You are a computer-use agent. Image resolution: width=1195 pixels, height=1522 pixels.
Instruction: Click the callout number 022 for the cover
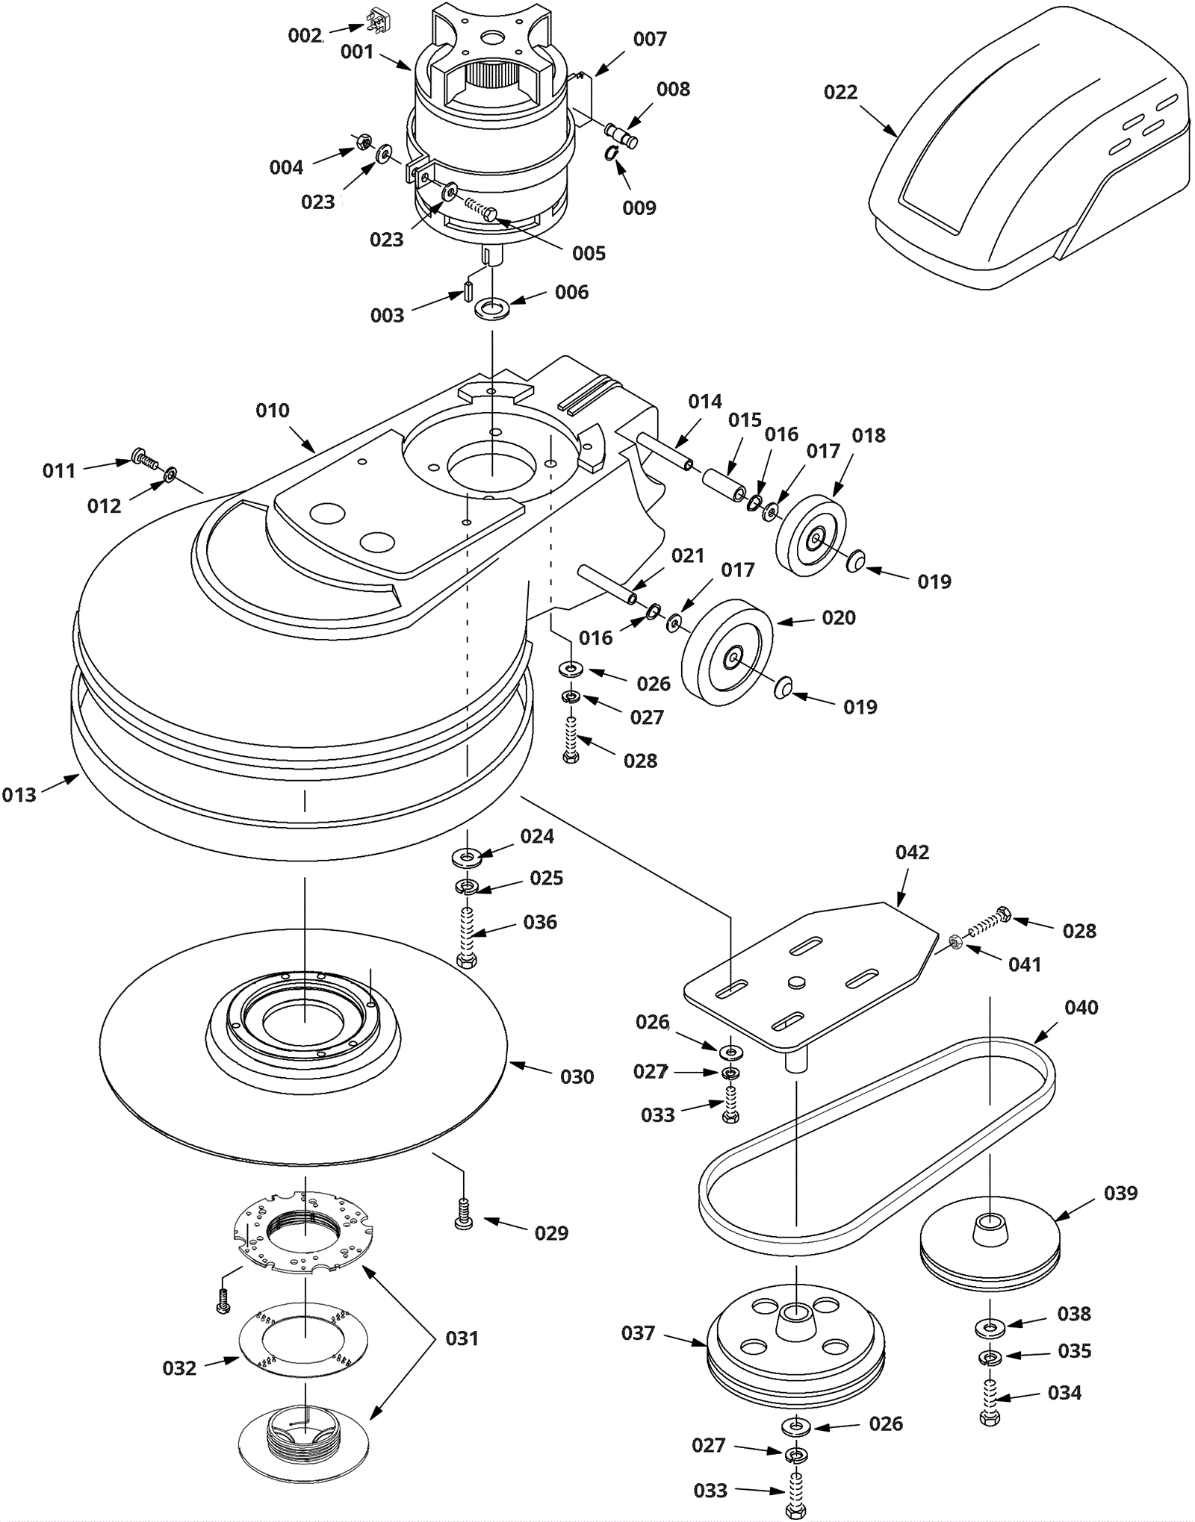click(840, 93)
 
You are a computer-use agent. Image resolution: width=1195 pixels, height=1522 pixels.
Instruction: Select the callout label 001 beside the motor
click(357, 52)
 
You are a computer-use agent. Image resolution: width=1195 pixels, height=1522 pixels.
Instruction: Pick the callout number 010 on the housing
click(273, 411)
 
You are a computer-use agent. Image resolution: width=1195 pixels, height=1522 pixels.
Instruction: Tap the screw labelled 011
click(143, 458)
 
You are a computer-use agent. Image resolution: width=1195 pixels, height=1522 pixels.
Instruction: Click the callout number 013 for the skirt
click(19, 795)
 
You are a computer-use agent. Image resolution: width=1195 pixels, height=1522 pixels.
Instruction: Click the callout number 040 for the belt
click(1081, 1008)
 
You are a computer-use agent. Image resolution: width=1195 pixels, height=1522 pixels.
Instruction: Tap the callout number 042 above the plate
click(912, 852)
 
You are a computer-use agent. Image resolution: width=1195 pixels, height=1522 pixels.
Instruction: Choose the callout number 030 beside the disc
click(577, 1076)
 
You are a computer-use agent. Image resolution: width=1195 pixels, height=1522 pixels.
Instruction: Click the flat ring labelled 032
click(304, 1340)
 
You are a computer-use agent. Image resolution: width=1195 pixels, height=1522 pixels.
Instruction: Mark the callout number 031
click(462, 1338)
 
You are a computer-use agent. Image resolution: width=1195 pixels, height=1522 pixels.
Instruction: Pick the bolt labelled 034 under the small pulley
click(990, 1402)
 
